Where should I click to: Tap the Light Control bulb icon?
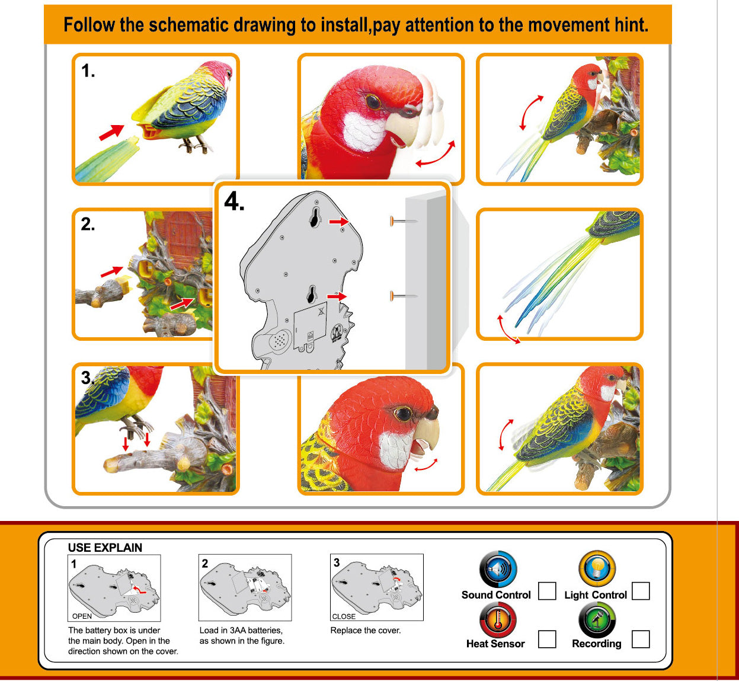(x=597, y=568)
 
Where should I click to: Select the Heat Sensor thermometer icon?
(x=498, y=620)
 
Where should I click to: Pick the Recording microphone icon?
(x=597, y=620)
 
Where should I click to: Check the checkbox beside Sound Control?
(x=547, y=591)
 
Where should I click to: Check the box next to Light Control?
(x=641, y=591)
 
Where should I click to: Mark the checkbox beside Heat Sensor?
(x=547, y=639)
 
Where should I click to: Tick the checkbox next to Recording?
(x=641, y=639)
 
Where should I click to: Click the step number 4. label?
(x=234, y=202)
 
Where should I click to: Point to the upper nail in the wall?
(x=404, y=221)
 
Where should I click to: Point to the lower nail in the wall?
(x=404, y=296)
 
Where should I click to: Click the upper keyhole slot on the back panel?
(x=315, y=217)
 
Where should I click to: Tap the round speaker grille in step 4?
(x=280, y=341)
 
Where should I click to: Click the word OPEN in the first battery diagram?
(x=82, y=616)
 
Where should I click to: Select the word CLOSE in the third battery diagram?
(x=344, y=616)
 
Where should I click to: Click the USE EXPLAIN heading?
(x=105, y=548)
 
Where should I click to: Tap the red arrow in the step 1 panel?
(x=111, y=132)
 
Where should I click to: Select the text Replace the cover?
(x=366, y=631)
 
